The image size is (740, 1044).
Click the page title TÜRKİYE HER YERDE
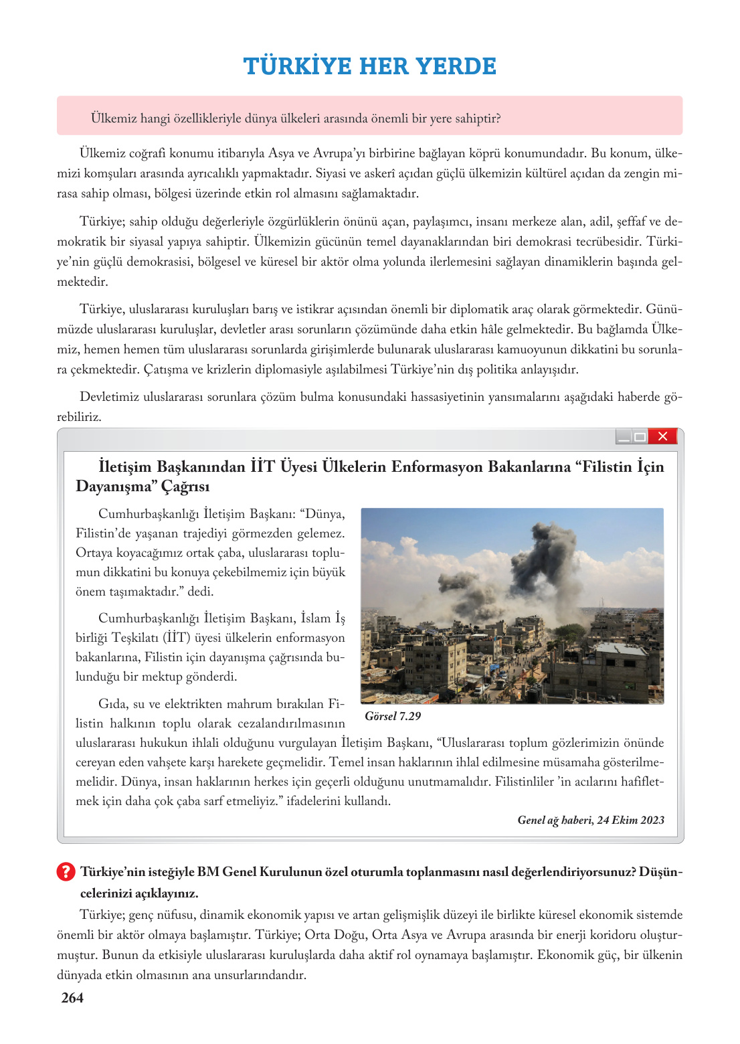(369, 66)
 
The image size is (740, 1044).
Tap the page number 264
(72, 998)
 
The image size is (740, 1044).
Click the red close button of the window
(663, 436)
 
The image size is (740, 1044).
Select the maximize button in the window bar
(640, 437)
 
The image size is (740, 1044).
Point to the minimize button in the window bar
(624, 437)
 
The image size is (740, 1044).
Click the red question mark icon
(66, 871)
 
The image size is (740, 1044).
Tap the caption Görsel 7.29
(393, 716)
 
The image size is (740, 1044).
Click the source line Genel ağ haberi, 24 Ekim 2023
(591, 820)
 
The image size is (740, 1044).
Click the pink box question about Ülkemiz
(296, 118)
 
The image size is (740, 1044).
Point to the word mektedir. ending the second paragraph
(82, 282)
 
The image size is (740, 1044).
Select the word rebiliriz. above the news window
(79, 417)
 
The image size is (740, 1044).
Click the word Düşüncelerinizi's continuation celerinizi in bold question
(107, 893)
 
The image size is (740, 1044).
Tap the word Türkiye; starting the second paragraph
(102, 222)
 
